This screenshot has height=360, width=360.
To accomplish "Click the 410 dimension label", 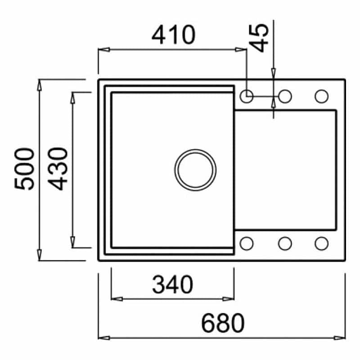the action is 173,35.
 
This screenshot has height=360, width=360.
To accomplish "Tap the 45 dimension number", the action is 259,38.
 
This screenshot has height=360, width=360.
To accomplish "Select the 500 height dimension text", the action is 24,169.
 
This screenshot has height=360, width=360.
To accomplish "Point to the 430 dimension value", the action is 58,169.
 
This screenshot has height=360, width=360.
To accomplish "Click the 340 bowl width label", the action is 172,285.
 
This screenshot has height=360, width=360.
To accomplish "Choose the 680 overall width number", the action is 223,323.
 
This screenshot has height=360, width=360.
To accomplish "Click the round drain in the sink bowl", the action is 195,170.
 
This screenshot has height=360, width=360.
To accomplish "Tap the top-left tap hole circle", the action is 246,96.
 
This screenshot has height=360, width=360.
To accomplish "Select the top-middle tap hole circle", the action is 285,96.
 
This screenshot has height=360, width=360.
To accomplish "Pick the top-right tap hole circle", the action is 321,96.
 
